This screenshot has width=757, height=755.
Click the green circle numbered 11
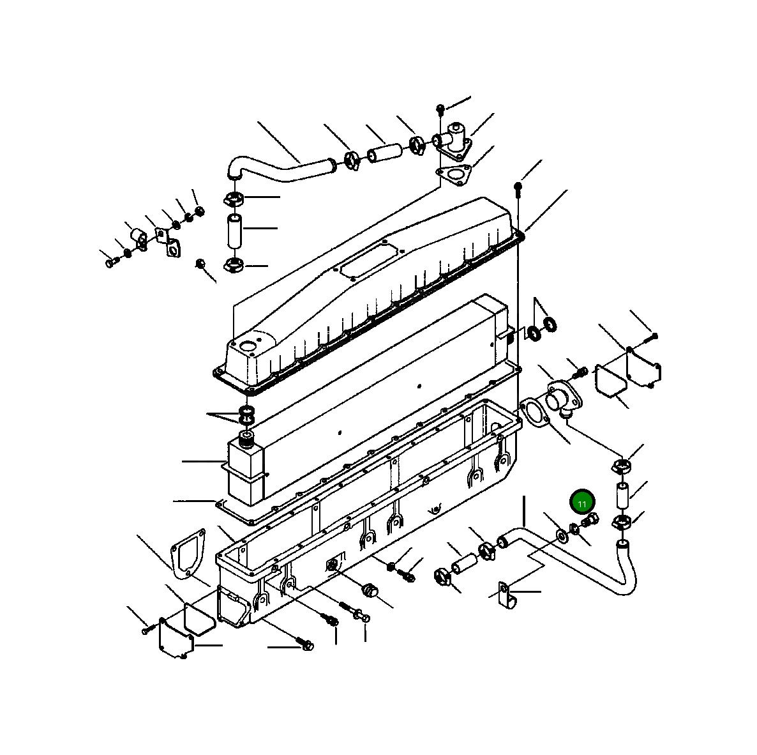(582, 503)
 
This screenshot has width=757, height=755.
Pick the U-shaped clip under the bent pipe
(504, 595)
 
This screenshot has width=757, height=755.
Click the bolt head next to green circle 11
(590, 520)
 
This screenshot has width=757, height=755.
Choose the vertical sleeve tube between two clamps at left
(235, 231)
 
